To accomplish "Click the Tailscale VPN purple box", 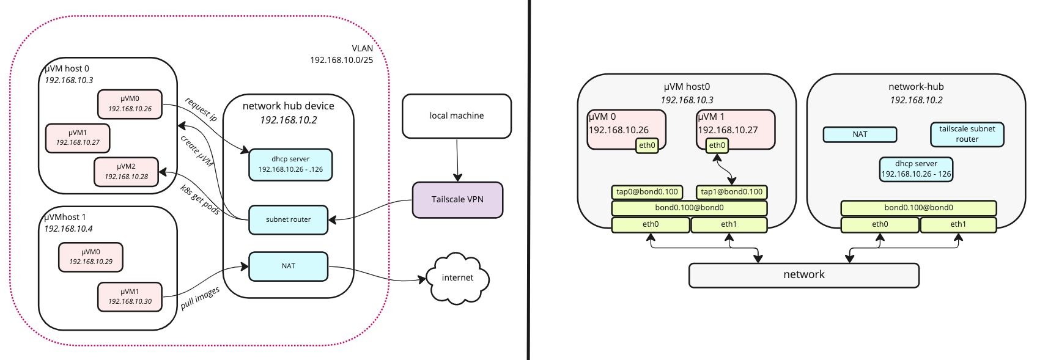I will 457,200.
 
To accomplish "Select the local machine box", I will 456,116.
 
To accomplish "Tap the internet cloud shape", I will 457,278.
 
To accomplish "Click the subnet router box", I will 288,219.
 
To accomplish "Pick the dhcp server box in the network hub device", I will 290,164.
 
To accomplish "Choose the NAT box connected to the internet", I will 288,266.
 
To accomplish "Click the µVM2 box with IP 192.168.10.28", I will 126,172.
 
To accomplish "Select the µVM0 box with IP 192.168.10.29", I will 90,257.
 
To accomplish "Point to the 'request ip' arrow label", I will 201,109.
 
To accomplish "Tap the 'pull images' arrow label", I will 200,298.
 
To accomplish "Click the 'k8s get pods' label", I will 200,199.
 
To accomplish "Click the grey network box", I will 803,275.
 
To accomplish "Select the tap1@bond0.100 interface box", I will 731,192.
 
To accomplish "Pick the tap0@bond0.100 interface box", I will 647,192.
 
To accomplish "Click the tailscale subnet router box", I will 967,134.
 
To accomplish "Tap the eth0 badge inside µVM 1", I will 717,145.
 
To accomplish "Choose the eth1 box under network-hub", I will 958,225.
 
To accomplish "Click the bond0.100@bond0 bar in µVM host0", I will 689,208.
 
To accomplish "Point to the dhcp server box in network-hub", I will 915,169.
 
